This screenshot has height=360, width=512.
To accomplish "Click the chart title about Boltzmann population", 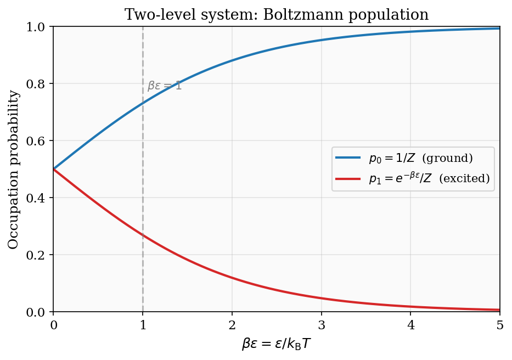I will click(277, 14).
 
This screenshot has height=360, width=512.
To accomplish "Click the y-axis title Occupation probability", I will click(14, 169).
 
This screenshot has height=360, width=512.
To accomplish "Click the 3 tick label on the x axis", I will click(322, 325).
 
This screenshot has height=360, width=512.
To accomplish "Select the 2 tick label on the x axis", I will click(232, 325).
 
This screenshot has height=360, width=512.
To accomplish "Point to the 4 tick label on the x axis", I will click(410, 325).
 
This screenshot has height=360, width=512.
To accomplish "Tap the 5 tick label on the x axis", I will click(500, 325).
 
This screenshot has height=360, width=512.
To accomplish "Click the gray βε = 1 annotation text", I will click(165, 86).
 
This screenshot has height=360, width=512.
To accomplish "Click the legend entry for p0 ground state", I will click(420, 159).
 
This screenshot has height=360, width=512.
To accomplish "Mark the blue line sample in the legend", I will click(348, 159).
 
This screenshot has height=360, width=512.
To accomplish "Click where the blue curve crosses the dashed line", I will click(143, 103).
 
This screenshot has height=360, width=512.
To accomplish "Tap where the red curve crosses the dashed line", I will click(143, 235).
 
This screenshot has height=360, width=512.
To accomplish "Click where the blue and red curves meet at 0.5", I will click(53, 169).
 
